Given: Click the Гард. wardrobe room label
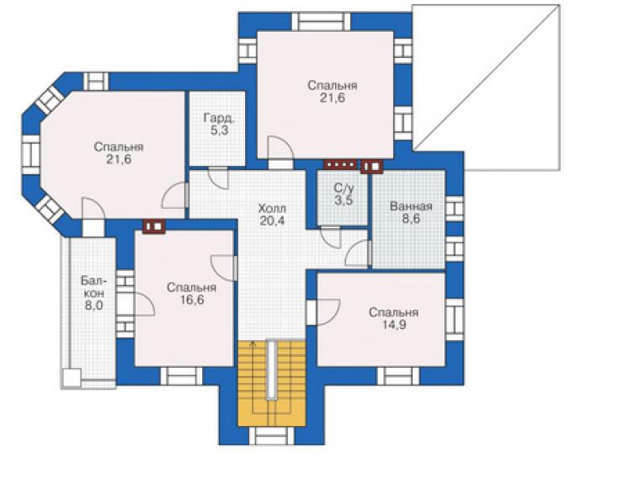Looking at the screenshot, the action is point(219,118).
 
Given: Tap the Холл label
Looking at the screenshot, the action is point(272,208).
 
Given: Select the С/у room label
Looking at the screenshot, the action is point(343,188).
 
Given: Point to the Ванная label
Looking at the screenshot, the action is point(411,206).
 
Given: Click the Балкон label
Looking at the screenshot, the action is point(93,286).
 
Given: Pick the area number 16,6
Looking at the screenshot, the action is point(192,300).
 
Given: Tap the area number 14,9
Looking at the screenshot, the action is point(394,325).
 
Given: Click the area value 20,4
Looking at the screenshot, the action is point(272,221).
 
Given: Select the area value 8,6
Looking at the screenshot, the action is point(411,219).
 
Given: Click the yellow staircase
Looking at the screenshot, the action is point(272,383).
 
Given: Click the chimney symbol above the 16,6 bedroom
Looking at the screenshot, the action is point(154,226).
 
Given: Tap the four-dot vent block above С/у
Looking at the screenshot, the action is point(340,164).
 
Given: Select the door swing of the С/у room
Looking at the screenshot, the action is point(331,237).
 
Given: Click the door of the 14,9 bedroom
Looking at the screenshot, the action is point(323,312).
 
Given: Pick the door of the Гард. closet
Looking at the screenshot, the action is point(218,178).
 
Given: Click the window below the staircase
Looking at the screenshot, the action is point(271,436).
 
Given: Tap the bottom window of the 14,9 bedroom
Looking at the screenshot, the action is point(397,376).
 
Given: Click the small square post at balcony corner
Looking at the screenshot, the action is point(72,377).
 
